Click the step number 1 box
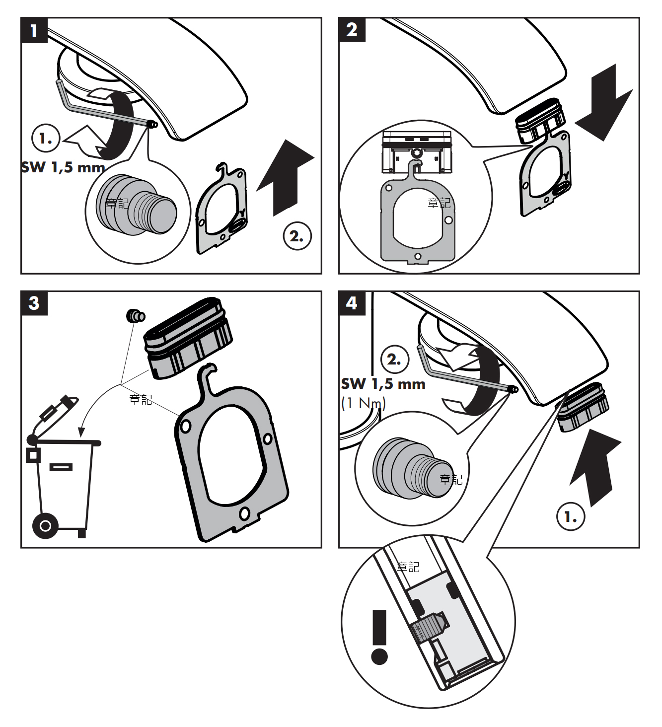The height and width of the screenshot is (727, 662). coord(34,30)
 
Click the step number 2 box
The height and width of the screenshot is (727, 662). coord(352,30)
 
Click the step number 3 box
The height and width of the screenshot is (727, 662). coord(34,303)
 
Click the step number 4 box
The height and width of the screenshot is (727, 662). coord(352,303)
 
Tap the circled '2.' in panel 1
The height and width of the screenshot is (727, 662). coord(297,236)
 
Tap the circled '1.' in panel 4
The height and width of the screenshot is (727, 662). coord(571,516)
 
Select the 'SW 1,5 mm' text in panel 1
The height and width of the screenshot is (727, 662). coord(63,167)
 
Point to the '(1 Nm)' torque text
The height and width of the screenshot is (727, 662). coord(364,403)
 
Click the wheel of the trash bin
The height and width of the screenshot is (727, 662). coord(45,525)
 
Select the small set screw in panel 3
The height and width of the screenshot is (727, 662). coord(135,315)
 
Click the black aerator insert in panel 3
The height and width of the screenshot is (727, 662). coord(188,338)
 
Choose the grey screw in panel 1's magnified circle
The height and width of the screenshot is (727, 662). coord(137,204)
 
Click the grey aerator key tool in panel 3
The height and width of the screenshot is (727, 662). coord(231,457)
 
